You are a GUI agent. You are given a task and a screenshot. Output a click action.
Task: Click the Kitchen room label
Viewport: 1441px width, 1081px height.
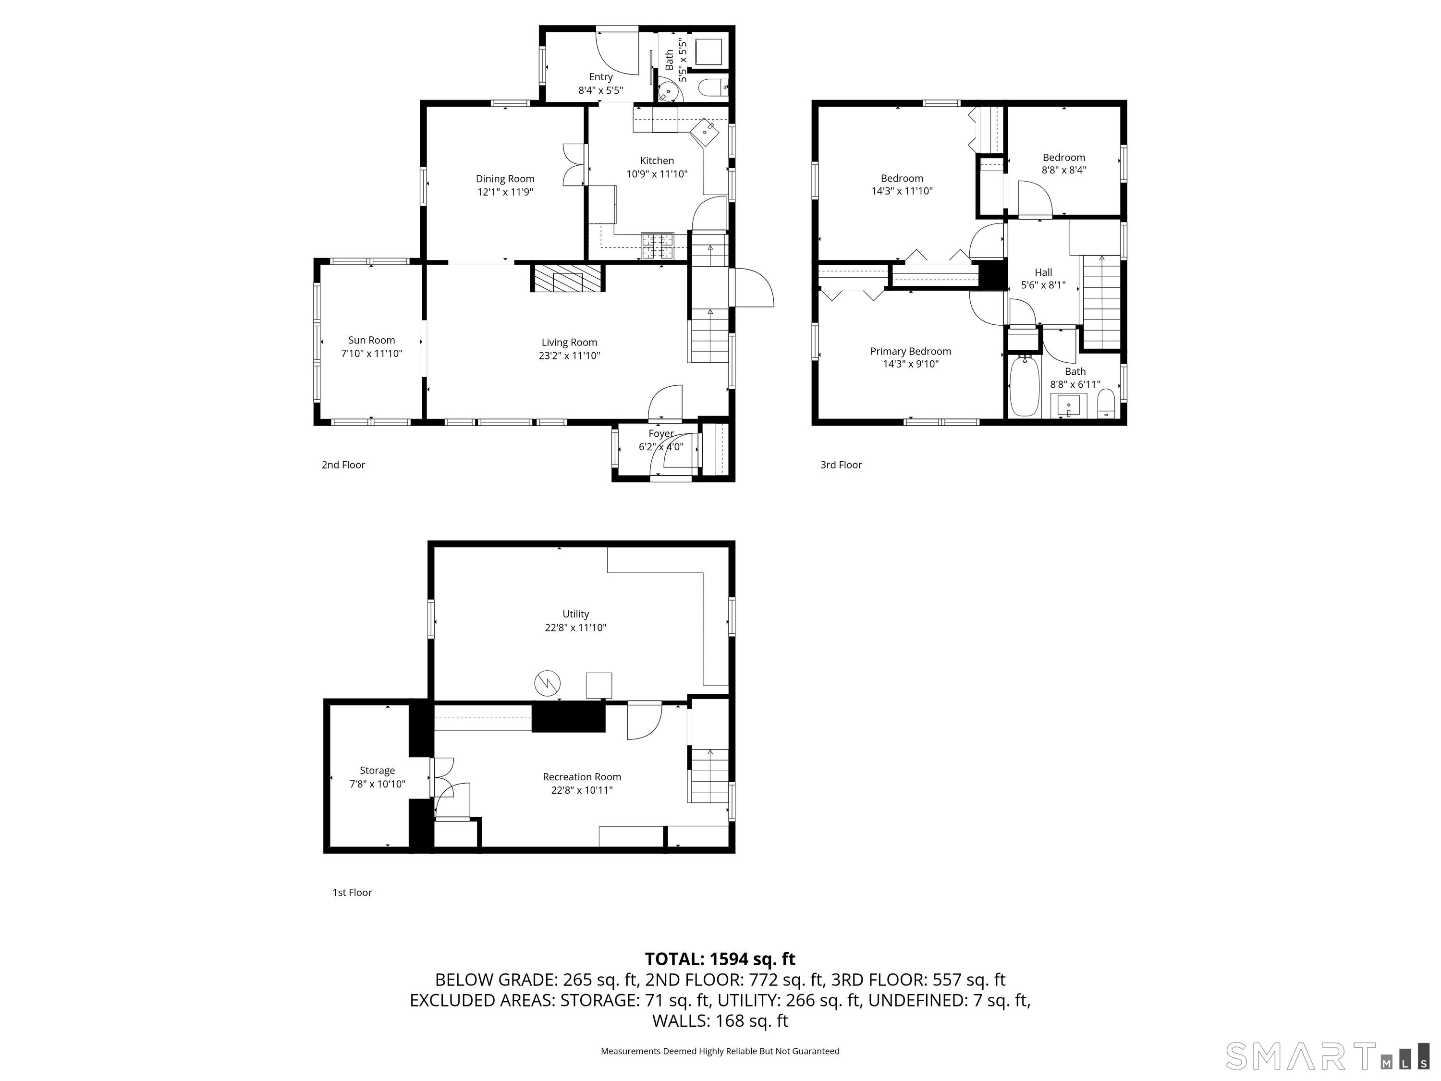[657, 161]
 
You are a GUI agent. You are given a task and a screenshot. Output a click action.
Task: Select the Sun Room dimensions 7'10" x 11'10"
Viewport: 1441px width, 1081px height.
[371, 354]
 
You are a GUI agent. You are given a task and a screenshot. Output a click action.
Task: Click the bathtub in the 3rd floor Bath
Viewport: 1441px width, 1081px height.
[1024, 386]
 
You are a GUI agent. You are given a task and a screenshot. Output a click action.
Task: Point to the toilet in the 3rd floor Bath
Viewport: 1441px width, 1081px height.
[1106, 404]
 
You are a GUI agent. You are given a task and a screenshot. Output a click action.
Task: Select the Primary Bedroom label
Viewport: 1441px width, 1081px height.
[910, 352]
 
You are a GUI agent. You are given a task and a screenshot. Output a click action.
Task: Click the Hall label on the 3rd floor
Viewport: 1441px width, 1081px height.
[1043, 272]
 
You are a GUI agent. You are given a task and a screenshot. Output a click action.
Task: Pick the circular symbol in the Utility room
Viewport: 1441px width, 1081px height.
[547, 684]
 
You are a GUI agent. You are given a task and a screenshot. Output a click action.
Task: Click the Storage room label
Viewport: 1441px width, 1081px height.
[377, 770]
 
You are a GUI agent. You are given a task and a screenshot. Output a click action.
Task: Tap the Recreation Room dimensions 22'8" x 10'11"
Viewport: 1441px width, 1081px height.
[582, 790]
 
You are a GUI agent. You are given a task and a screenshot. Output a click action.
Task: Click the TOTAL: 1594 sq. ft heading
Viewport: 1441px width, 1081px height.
[720, 959]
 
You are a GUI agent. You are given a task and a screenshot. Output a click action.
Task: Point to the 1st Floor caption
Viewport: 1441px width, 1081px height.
[352, 893]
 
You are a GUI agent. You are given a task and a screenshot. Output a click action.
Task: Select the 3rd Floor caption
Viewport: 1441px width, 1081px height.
[841, 465]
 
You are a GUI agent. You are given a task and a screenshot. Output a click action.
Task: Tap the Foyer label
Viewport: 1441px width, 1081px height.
[660, 433]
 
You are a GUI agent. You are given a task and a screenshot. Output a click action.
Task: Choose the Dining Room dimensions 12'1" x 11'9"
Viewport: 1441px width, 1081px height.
[505, 192]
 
